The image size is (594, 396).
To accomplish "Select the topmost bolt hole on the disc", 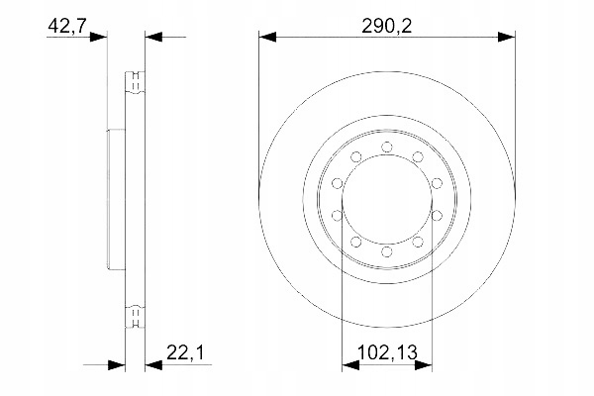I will [x=386, y=148].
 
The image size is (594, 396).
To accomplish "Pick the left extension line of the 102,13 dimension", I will [x=342, y=297].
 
